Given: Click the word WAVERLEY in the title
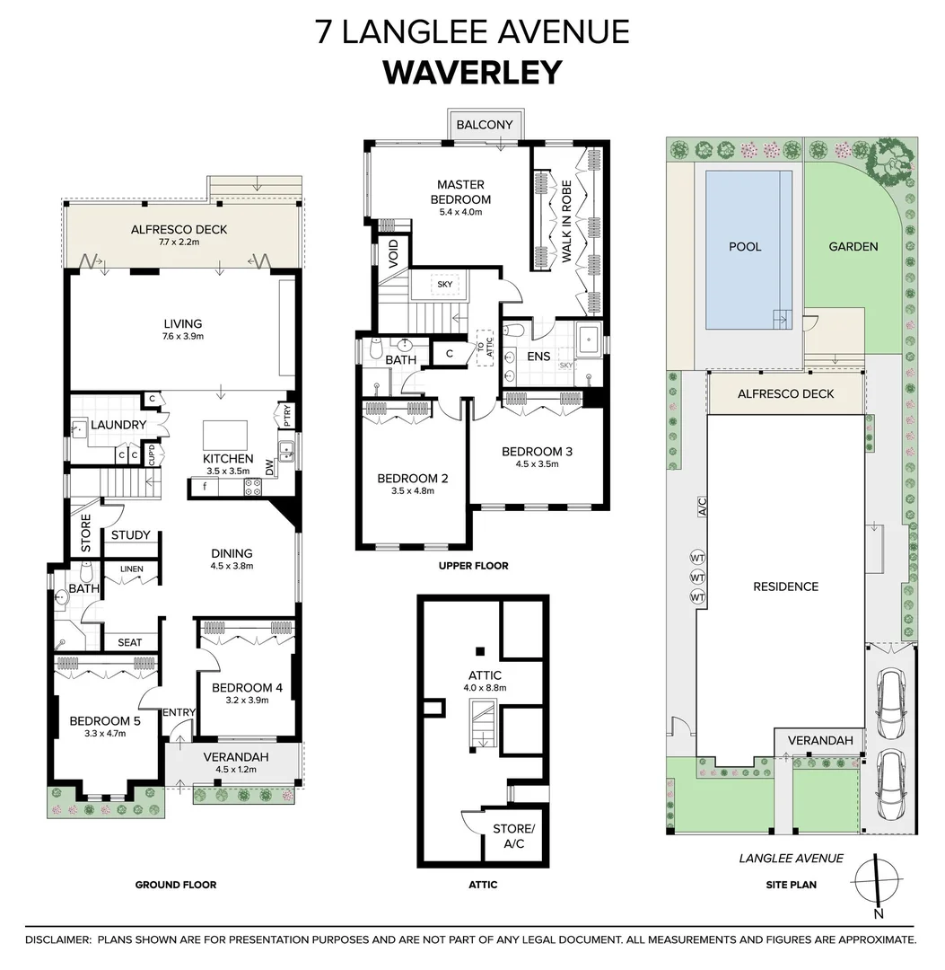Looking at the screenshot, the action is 473,73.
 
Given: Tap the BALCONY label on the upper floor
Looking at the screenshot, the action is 485,124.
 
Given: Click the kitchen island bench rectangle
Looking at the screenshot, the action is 225,436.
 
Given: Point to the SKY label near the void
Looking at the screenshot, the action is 445,284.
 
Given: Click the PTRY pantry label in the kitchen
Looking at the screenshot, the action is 287,416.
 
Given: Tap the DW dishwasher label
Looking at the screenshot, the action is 269,468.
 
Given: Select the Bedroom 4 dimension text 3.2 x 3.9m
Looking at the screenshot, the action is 247,701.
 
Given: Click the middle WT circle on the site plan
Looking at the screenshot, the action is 697,578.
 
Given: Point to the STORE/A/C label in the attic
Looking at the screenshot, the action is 513,836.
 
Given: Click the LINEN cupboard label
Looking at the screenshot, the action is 132,569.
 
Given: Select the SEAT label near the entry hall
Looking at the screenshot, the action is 130,642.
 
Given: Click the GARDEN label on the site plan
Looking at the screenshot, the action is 853,246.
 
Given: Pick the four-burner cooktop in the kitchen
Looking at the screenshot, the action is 252,487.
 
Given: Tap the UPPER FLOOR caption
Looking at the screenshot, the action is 474,566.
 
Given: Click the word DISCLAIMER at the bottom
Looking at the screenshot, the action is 58,939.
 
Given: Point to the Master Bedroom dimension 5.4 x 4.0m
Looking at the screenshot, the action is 460,212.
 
